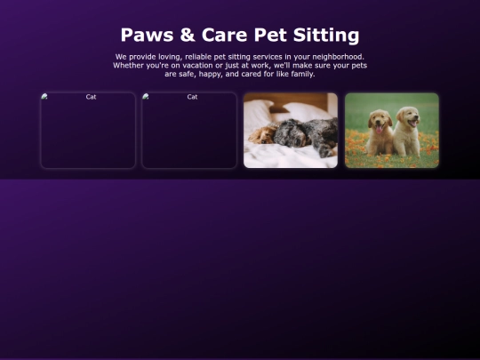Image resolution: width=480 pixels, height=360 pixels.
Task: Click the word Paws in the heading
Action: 147,35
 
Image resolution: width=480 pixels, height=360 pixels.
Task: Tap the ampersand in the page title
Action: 188,35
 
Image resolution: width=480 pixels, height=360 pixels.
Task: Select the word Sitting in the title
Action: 326,36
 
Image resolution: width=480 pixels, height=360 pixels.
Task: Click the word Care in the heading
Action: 224,35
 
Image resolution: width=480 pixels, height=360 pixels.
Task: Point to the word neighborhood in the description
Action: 338,57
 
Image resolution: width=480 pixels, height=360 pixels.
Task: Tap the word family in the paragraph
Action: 303,74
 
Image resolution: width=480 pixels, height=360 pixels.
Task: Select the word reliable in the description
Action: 198,57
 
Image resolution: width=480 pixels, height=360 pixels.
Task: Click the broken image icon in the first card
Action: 44,96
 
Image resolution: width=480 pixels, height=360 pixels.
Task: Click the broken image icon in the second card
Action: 146,96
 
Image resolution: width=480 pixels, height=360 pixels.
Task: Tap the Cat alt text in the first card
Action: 91,97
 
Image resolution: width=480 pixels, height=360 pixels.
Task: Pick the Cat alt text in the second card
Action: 192,97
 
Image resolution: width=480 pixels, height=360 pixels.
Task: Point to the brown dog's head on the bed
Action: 262,135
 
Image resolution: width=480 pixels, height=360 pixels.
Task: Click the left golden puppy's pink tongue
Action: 379,130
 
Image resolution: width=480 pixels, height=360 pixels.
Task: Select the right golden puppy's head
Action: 408,116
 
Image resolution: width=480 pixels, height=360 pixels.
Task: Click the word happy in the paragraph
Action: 210,74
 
